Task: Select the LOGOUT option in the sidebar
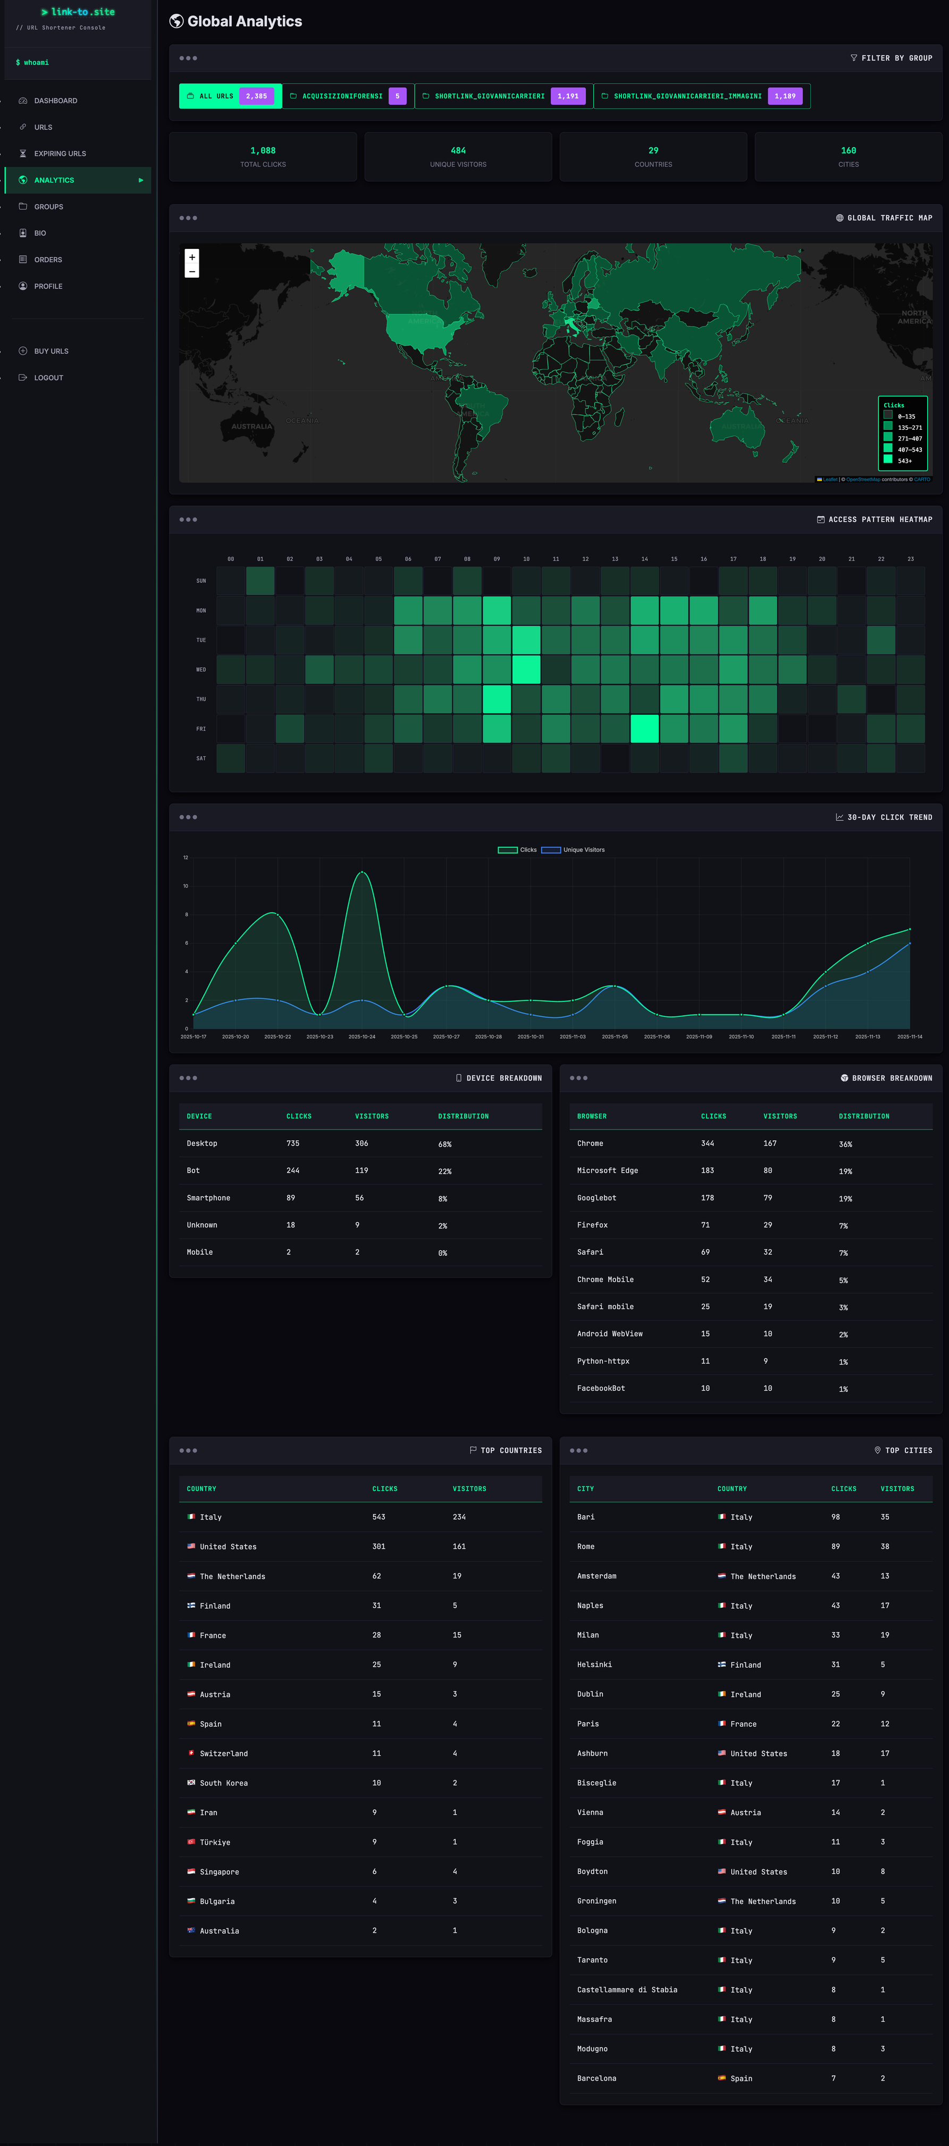pos(48,378)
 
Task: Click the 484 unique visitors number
pos(458,151)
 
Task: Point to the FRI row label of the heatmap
pos(200,729)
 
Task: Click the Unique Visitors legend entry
pos(583,850)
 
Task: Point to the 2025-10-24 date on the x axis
pos(362,1037)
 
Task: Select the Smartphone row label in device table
pos(208,1198)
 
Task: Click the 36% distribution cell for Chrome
pos(845,1144)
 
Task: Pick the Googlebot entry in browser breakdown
pos(596,1198)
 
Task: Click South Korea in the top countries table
pos(223,1783)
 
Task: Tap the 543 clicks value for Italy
pos(378,1517)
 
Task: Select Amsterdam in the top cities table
pos(596,1576)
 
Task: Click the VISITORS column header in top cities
pos(896,1489)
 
